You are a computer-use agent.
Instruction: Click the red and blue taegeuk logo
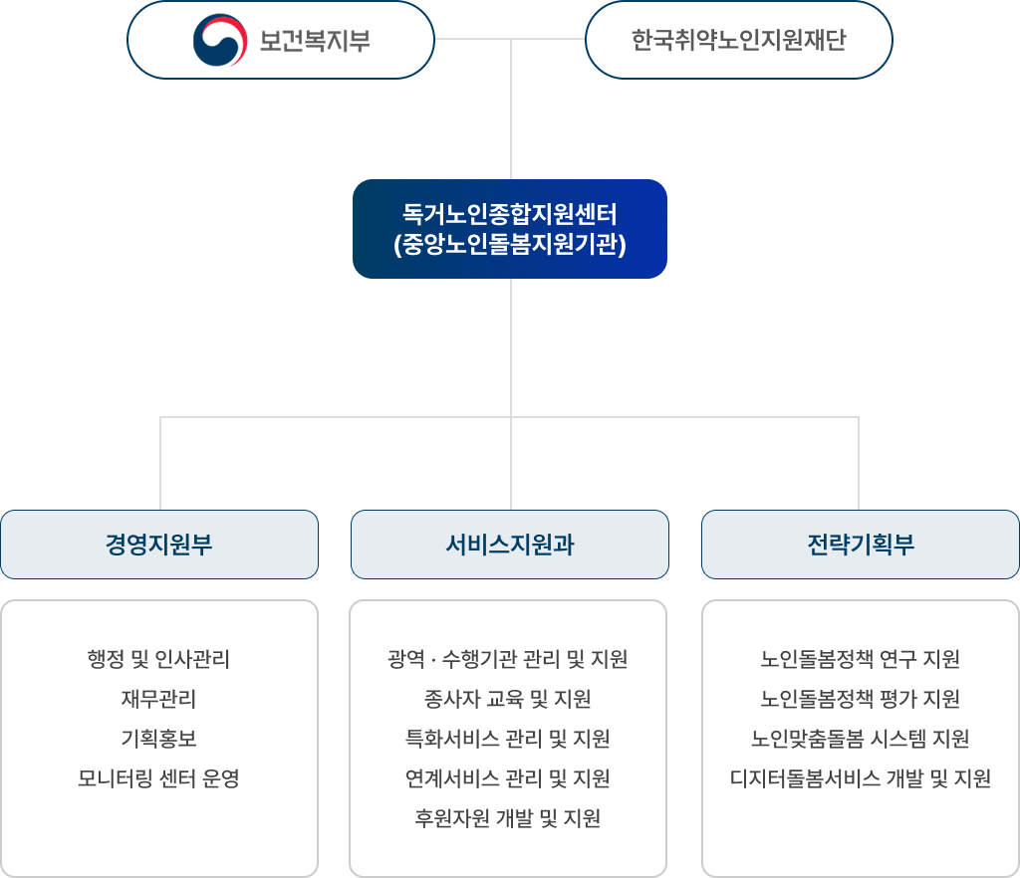(x=220, y=40)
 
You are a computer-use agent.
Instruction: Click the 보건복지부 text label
(x=314, y=41)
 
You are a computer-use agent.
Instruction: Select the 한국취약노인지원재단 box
(x=738, y=41)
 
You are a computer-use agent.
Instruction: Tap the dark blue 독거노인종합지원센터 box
(x=510, y=228)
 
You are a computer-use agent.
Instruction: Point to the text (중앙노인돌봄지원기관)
(x=510, y=245)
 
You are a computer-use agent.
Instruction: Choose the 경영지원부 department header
(x=159, y=545)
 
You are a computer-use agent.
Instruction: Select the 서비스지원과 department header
(x=510, y=545)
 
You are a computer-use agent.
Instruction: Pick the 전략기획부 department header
(x=861, y=545)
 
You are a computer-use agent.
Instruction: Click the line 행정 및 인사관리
(x=159, y=659)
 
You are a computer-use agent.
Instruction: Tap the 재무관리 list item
(x=159, y=699)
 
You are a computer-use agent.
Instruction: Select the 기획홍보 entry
(x=159, y=739)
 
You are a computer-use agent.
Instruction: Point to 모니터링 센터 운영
(x=159, y=778)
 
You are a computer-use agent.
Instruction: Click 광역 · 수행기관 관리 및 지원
(x=508, y=659)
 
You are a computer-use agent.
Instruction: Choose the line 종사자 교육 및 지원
(x=508, y=699)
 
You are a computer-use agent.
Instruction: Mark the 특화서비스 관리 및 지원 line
(x=508, y=739)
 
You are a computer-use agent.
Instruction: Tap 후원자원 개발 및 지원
(x=508, y=818)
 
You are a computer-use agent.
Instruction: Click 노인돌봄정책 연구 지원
(x=861, y=659)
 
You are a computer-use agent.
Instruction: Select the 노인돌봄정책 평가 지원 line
(x=861, y=699)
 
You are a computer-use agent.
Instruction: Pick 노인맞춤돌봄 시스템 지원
(x=861, y=739)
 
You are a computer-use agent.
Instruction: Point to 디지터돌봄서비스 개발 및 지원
(x=861, y=778)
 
